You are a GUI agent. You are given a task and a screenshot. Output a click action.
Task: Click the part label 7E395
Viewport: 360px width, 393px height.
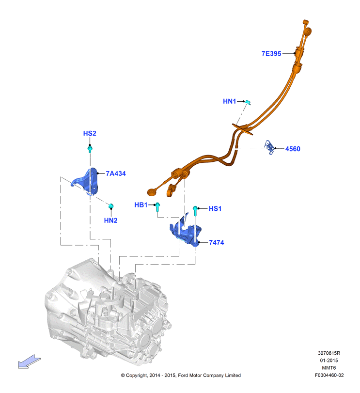[x=271, y=54]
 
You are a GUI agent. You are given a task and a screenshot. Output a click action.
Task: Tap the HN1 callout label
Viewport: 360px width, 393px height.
[x=230, y=101]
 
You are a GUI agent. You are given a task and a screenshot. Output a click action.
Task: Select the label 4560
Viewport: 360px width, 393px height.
[x=293, y=149]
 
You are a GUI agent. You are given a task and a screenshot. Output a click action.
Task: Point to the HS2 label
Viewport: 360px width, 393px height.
[x=90, y=133]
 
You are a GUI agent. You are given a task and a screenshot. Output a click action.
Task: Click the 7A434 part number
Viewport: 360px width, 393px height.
[x=116, y=173]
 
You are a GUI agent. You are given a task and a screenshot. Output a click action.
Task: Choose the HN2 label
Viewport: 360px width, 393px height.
[x=111, y=220]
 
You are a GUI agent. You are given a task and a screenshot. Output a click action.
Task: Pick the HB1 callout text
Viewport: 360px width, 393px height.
[x=141, y=205]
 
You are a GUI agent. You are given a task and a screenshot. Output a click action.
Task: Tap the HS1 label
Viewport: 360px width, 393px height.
[x=215, y=208]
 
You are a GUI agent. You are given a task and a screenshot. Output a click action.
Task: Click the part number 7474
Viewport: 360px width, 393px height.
[x=217, y=242]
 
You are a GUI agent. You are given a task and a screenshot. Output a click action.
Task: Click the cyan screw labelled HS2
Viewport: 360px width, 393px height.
[x=90, y=149]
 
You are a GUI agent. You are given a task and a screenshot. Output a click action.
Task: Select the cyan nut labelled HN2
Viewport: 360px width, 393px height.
[x=111, y=206]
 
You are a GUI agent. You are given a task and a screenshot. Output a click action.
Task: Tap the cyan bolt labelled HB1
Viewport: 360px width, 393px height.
[x=157, y=207]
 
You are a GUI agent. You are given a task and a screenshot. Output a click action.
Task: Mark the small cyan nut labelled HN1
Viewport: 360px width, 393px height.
[x=248, y=102]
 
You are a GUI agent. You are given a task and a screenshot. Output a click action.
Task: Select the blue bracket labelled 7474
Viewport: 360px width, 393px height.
[x=186, y=232]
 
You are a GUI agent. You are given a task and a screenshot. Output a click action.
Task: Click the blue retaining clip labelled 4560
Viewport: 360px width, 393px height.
[x=269, y=148]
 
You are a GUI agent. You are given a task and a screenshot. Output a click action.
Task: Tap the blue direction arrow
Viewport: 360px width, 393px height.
[x=29, y=362]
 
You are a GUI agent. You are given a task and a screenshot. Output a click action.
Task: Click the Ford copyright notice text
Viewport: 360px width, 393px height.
[x=181, y=376]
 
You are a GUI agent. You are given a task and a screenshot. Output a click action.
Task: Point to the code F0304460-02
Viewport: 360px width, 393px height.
[x=329, y=376]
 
